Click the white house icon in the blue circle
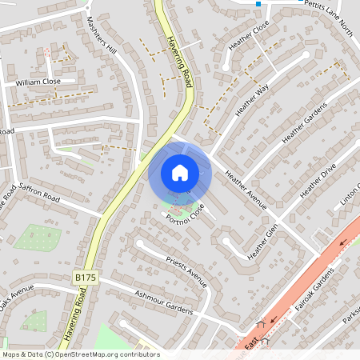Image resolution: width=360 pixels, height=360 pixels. [179, 172]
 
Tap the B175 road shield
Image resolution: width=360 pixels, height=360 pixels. [85, 277]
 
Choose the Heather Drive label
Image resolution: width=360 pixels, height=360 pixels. [318, 183]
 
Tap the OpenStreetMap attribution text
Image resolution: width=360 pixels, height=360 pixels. [81, 354]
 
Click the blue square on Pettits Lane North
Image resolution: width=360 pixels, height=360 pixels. [258, 4]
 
